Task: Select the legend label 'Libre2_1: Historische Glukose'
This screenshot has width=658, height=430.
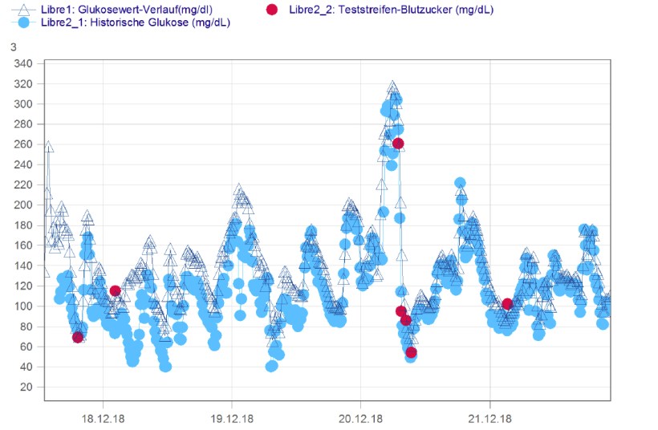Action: [136, 22]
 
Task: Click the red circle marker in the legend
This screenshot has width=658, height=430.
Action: [272, 10]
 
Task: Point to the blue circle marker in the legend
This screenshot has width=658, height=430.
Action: [24, 22]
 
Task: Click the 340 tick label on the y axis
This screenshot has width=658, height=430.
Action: [24, 63]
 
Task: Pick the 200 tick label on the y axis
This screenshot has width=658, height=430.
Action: [24, 205]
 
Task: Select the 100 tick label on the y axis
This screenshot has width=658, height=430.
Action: [24, 306]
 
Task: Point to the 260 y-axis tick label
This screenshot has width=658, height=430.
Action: [24, 144]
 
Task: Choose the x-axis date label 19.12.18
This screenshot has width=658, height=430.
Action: [231, 418]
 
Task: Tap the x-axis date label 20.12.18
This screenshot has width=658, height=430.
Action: [360, 418]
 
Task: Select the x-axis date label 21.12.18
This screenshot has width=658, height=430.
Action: [489, 418]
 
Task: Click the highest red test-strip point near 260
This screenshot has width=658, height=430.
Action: [398, 144]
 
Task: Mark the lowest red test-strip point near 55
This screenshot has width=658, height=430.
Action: [411, 352]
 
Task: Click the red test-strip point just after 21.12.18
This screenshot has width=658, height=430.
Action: [507, 304]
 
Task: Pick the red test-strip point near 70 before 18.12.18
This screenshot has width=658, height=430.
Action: [78, 337]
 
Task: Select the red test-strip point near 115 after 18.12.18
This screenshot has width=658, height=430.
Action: [116, 290]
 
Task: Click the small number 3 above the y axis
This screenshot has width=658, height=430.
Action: [13, 47]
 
